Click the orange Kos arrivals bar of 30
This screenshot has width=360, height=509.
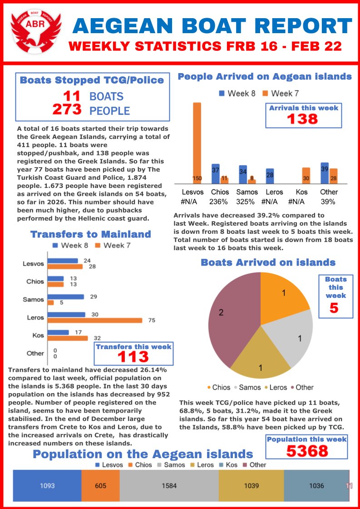[306, 175]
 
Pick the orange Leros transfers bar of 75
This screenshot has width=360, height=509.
[95, 320]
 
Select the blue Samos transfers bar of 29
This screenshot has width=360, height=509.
[66, 297]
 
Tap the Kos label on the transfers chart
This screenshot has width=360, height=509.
[38, 336]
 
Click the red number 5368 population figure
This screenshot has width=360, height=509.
[306, 451]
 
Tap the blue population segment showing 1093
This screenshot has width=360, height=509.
[47, 485]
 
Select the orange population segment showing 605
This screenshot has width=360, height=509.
[100, 485]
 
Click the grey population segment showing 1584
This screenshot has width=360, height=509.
[169, 485]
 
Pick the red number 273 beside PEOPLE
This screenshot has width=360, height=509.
[67, 109]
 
